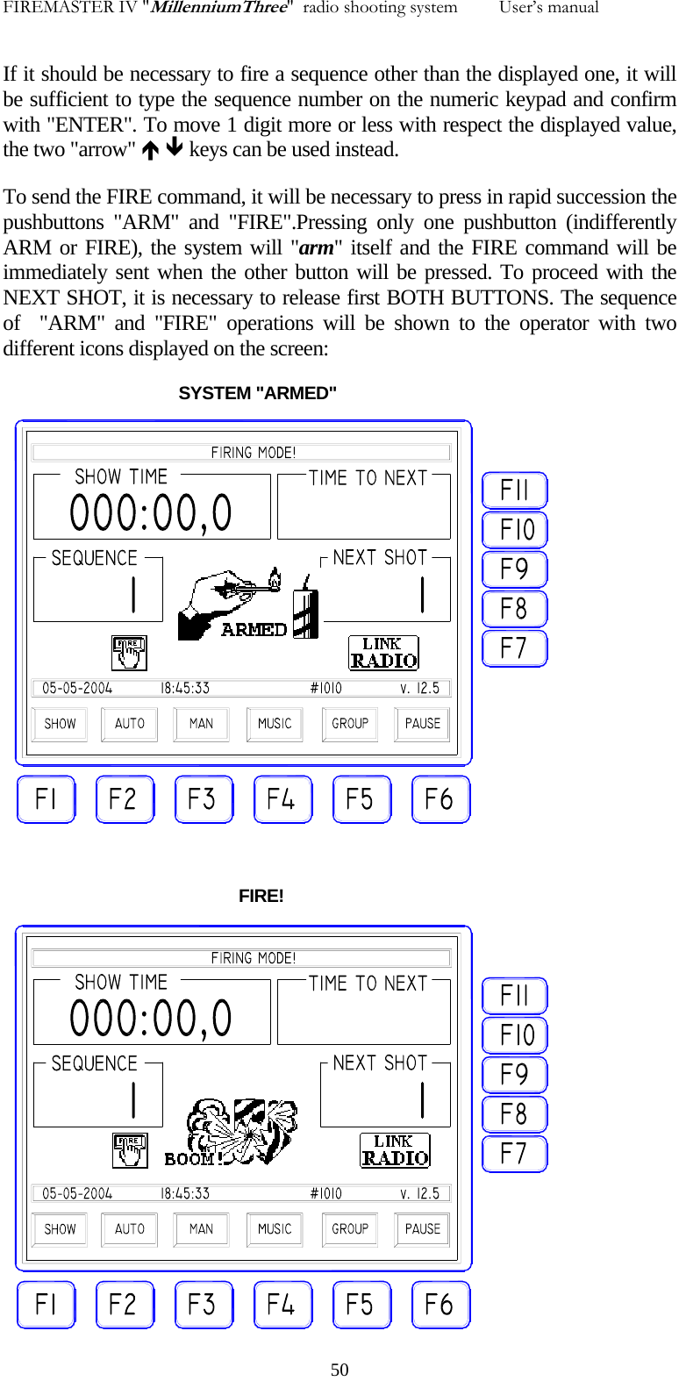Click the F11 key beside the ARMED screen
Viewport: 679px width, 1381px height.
tap(515, 490)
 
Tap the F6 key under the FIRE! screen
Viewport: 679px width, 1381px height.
tap(440, 1305)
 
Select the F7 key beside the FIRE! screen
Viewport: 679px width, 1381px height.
tap(515, 1154)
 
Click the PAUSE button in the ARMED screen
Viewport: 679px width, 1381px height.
tap(423, 724)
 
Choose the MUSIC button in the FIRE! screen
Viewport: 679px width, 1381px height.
tap(275, 1229)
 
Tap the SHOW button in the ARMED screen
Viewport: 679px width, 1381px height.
tap(60, 724)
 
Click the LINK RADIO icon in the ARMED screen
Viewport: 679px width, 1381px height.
tap(383, 654)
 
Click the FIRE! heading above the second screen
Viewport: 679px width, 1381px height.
tap(261, 896)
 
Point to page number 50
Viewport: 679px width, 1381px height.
tap(339, 1370)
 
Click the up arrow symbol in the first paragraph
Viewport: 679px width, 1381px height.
tap(151, 150)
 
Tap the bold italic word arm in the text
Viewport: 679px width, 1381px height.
tap(317, 247)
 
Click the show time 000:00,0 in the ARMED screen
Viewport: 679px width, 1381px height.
tap(151, 513)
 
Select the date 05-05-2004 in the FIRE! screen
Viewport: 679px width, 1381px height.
tap(77, 1193)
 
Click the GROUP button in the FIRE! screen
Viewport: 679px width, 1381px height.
tap(350, 1229)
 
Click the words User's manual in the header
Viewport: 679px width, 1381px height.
tap(548, 8)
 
